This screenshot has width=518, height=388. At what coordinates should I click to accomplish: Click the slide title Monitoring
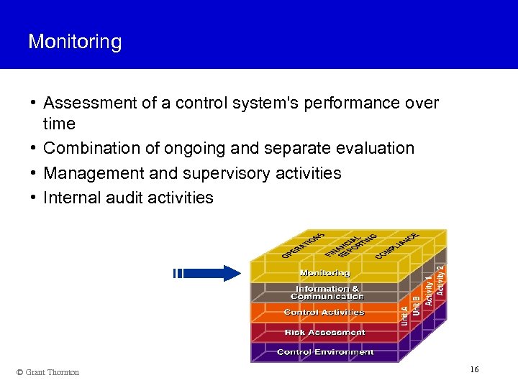coord(75,42)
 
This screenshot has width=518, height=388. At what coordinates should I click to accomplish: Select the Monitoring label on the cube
coord(324,273)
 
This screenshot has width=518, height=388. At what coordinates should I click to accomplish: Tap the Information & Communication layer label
coord(327,292)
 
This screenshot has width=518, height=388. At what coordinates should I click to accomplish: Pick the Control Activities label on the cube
coord(324,313)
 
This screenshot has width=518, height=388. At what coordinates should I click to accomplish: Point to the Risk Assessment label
coord(324,333)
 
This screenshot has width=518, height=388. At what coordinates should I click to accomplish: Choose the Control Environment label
coord(325,352)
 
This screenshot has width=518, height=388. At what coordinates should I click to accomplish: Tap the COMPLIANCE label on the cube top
coord(397,245)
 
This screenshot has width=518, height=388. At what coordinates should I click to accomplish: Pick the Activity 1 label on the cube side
coord(429,288)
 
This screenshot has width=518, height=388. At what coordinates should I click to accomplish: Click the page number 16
coord(474,369)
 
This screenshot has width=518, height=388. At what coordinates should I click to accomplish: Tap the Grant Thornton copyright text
coord(47,372)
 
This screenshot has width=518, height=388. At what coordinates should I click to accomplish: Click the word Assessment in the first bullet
coord(90,103)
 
